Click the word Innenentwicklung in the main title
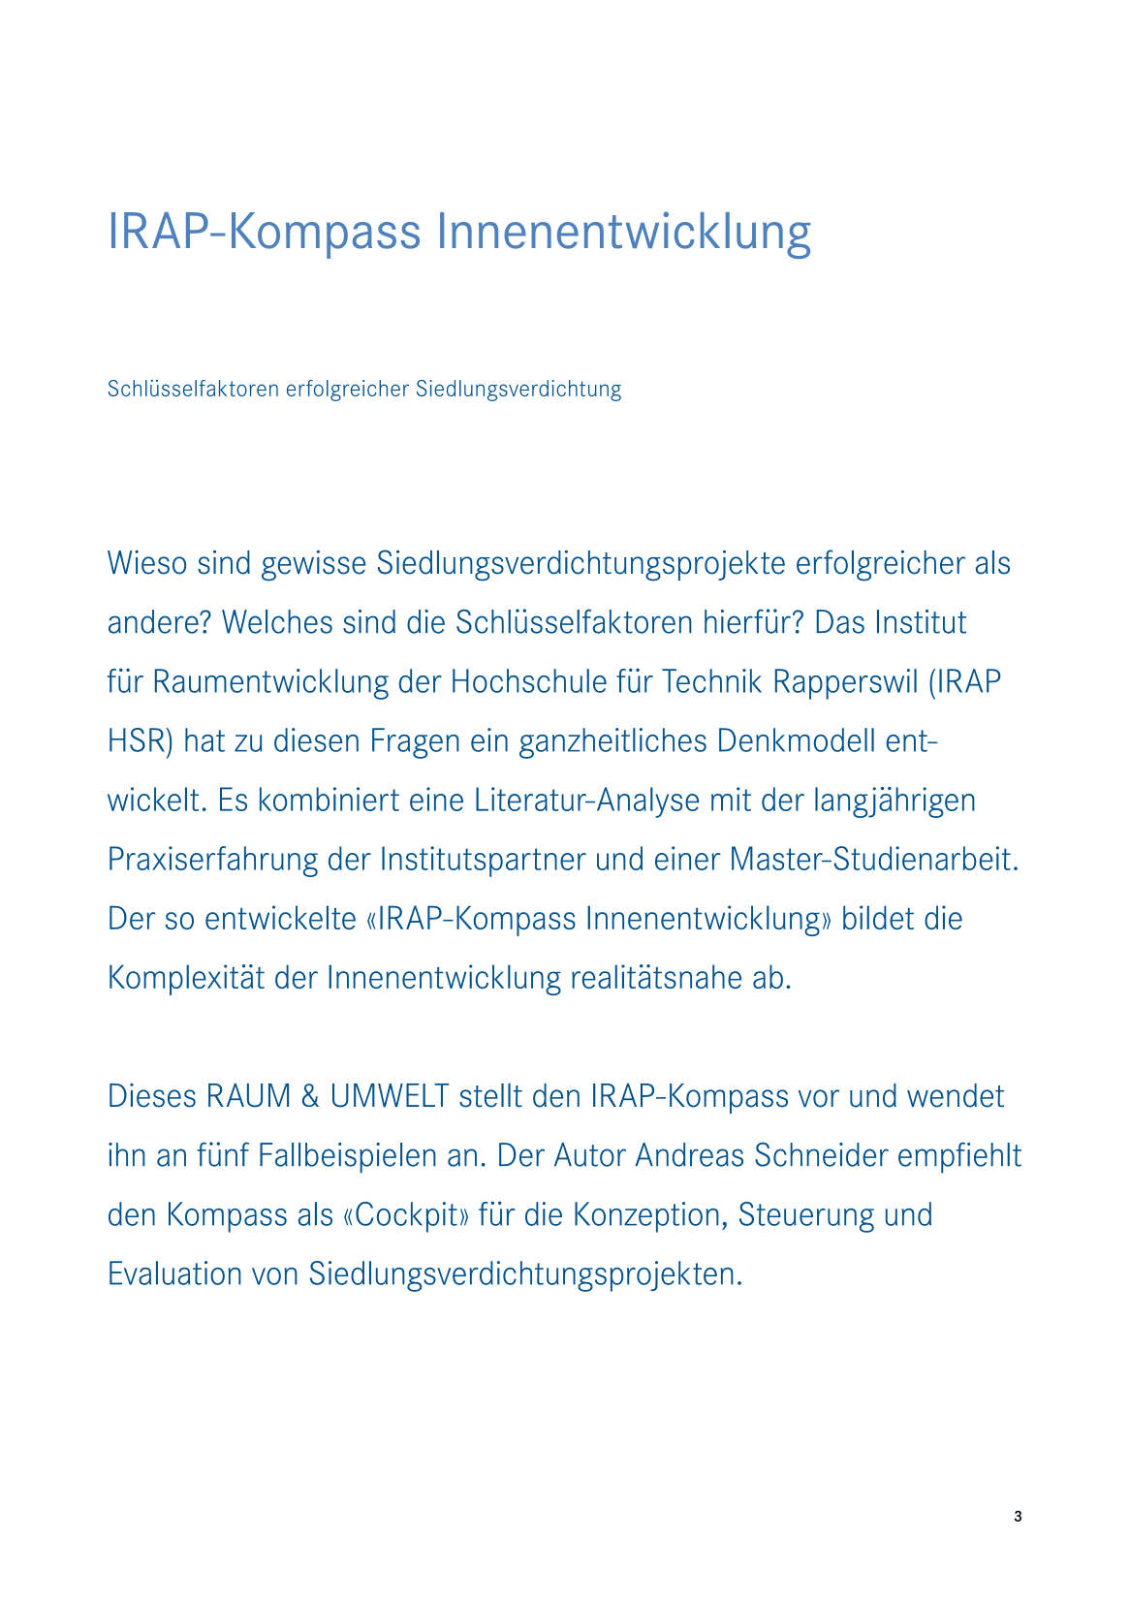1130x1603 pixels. coord(623,233)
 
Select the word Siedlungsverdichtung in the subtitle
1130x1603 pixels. coord(518,390)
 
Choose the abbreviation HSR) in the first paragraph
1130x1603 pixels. coord(140,741)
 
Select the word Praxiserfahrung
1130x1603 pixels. coord(212,860)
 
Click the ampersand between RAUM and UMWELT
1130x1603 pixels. coord(310,1097)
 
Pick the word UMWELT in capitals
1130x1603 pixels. coord(390,1097)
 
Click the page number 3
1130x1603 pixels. coord(1018,1517)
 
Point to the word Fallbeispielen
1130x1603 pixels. coord(370,1156)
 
